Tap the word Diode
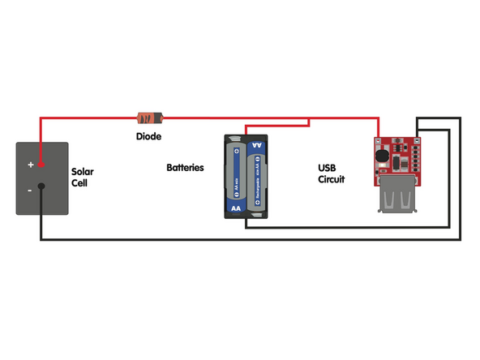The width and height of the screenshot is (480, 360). [148, 137]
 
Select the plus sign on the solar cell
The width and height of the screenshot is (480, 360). [31, 165]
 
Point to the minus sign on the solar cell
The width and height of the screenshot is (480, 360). [30, 190]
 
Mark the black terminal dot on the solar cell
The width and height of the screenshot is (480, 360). [41, 186]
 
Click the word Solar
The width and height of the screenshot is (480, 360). [83, 172]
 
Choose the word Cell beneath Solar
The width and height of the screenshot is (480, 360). [79, 183]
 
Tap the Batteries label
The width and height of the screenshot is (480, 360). [185, 168]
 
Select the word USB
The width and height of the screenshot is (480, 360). [326, 168]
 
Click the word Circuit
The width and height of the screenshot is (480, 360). [331, 179]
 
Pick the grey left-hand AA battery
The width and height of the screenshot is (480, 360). [236, 178]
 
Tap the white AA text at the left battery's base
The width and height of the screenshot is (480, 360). [236, 208]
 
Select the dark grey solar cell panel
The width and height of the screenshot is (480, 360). [42, 178]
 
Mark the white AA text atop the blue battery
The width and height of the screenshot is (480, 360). [257, 146]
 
